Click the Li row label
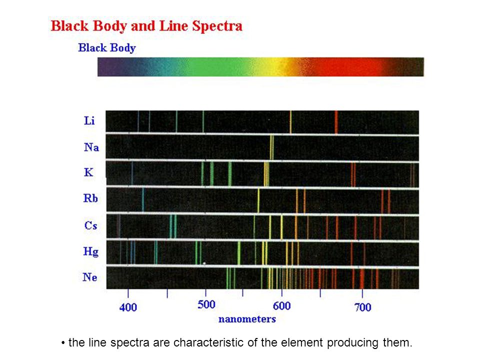pyautogui.click(x=89, y=120)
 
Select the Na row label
pyautogui.click(x=91, y=147)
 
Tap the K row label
pyautogui.click(x=88, y=172)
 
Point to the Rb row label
pyautogui.click(x=90, y=198)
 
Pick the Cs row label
pyautogui.click(x=90, y=225)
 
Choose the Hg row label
pyautogui.click(x=91, y=251)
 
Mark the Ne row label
pyautogui.click(x=90, y=277)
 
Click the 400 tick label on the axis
pyautogui.click(x=128, y=307)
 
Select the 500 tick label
pyautogui.click(x=206, y=304)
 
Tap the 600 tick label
pyautogui.click(x=281, y=306)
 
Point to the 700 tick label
pyautogui.click(x=363, y=307)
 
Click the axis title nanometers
pyautogui.click(x=247, y=319)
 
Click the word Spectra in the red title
pyautogui.click(x=217, y=26)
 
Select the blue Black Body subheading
pyautogui.click(x=107, y=48)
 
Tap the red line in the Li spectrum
pyautogui.click(x=336, y=122)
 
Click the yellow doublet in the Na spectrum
pyautogui.click(x=272, y=147)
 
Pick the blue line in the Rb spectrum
pyautogui.click(x=143, y=200)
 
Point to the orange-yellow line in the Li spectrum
pyautogui.click(x=290, y=122)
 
